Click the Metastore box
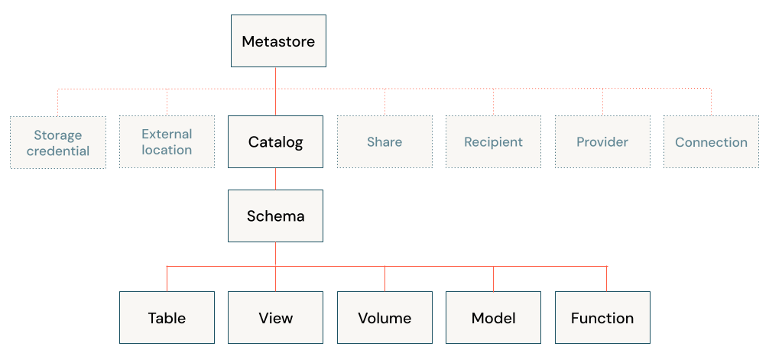tap(278, 41)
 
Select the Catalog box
tap(275, 142)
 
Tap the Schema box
tap(275, 216)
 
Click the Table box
tap(167, 318)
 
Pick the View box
tap(275, 318)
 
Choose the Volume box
tap(384, 318)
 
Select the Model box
tap(493, 318)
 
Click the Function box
tap(602, 318)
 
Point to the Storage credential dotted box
tap(58, 143)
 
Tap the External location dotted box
tap(167, 142)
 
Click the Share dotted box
tap(384, 142)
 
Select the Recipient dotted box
tap(493, 142)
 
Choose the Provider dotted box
tap(602, 142)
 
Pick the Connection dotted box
tap(711, 142)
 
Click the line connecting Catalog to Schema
tap(275, 179)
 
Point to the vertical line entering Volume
tap(384, 279)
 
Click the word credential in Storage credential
tap(58, 151)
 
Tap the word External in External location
tap(167, 134)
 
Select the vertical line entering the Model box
tap(493, 279)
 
